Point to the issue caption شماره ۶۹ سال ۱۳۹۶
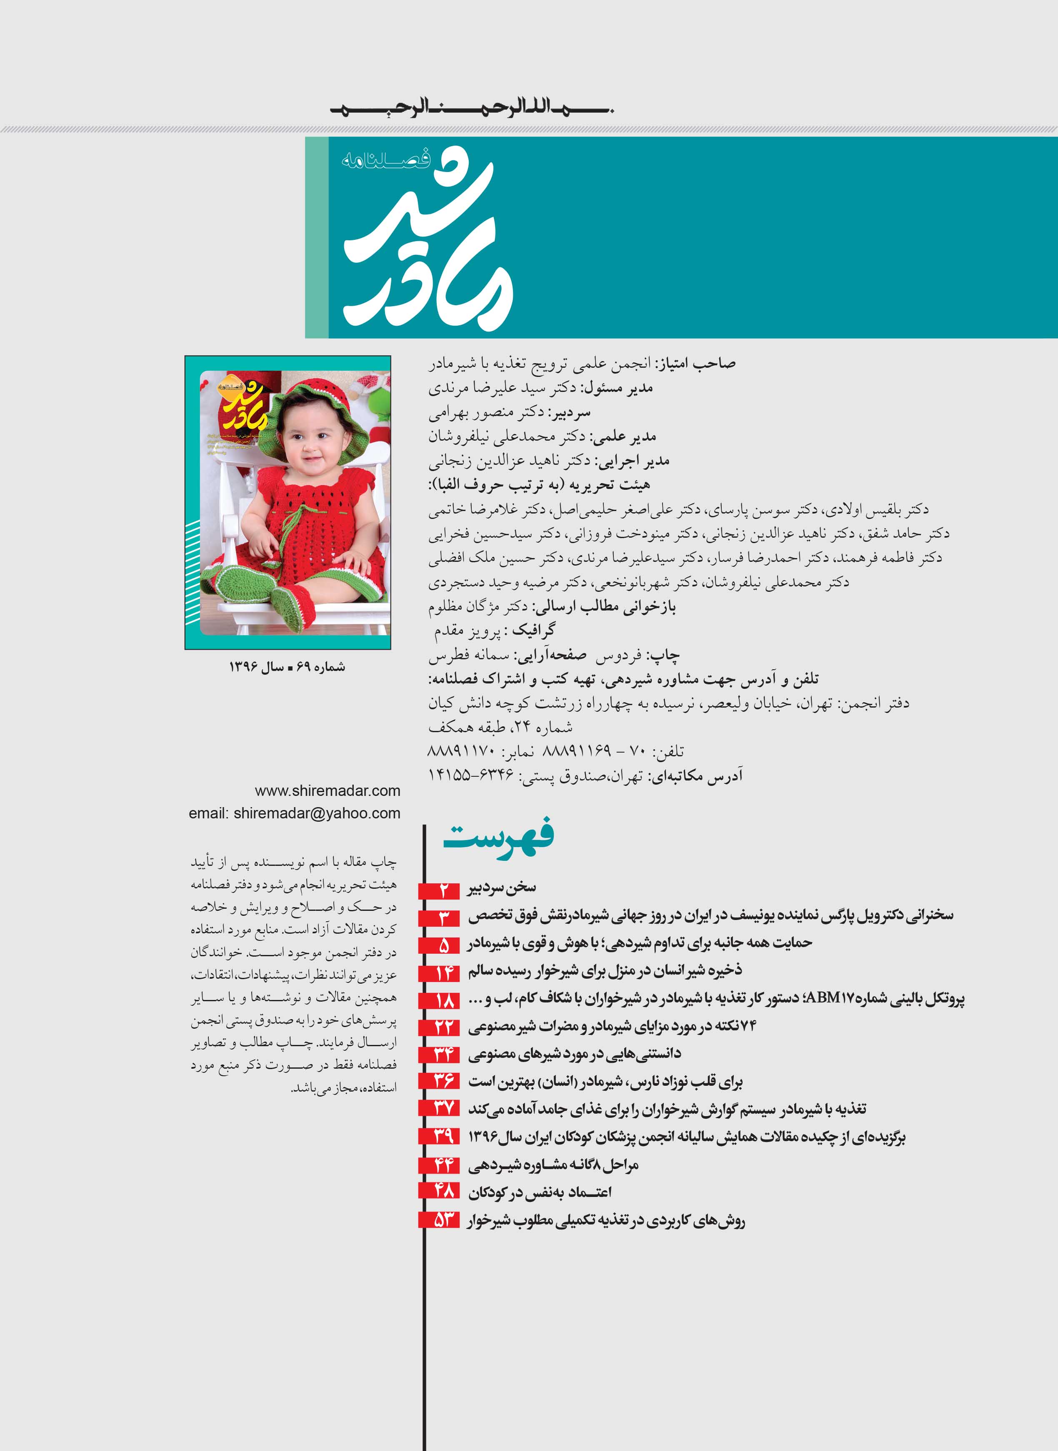point(287,667)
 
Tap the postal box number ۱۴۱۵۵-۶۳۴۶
point(471,776)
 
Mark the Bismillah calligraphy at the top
point(472,108)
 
